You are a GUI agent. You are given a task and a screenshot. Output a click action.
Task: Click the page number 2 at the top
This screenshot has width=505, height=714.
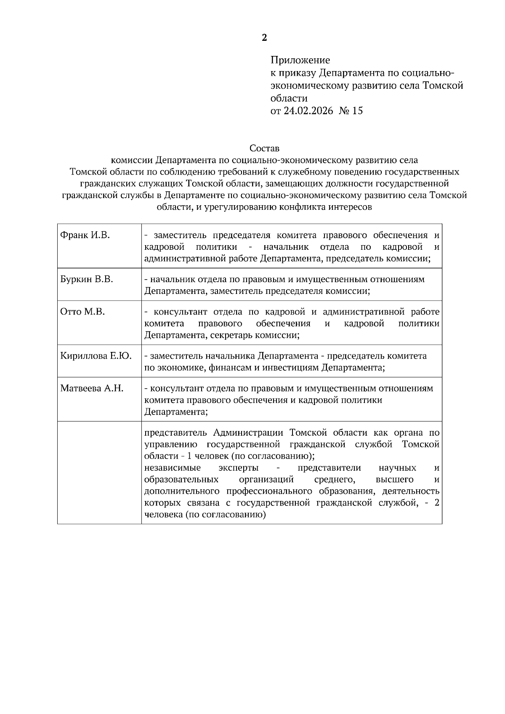(x=264, y=38)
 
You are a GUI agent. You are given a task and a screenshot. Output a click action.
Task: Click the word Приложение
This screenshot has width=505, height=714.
(x=300, y=60)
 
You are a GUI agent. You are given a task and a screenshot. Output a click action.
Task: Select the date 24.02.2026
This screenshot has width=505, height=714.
(x=308, y=111)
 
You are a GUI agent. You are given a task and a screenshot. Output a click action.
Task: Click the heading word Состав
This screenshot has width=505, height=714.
(x=264, y=148)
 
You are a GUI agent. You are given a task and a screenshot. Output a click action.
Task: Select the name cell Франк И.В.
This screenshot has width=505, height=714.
(x=85, y=235)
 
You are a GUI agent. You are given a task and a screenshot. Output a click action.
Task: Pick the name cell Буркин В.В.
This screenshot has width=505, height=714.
(x=87, y=279)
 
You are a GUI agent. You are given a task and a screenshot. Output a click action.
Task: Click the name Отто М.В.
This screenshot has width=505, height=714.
(x=82, y=312)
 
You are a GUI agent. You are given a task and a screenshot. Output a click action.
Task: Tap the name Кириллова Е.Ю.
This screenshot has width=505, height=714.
(x=96, y=356)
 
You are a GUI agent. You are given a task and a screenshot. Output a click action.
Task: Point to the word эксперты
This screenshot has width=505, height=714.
(x=239, y=468)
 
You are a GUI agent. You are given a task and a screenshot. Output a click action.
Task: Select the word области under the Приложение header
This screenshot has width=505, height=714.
(x=289, y=98)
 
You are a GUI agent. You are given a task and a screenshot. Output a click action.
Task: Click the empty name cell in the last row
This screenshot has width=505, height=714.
(x=99, y=472)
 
